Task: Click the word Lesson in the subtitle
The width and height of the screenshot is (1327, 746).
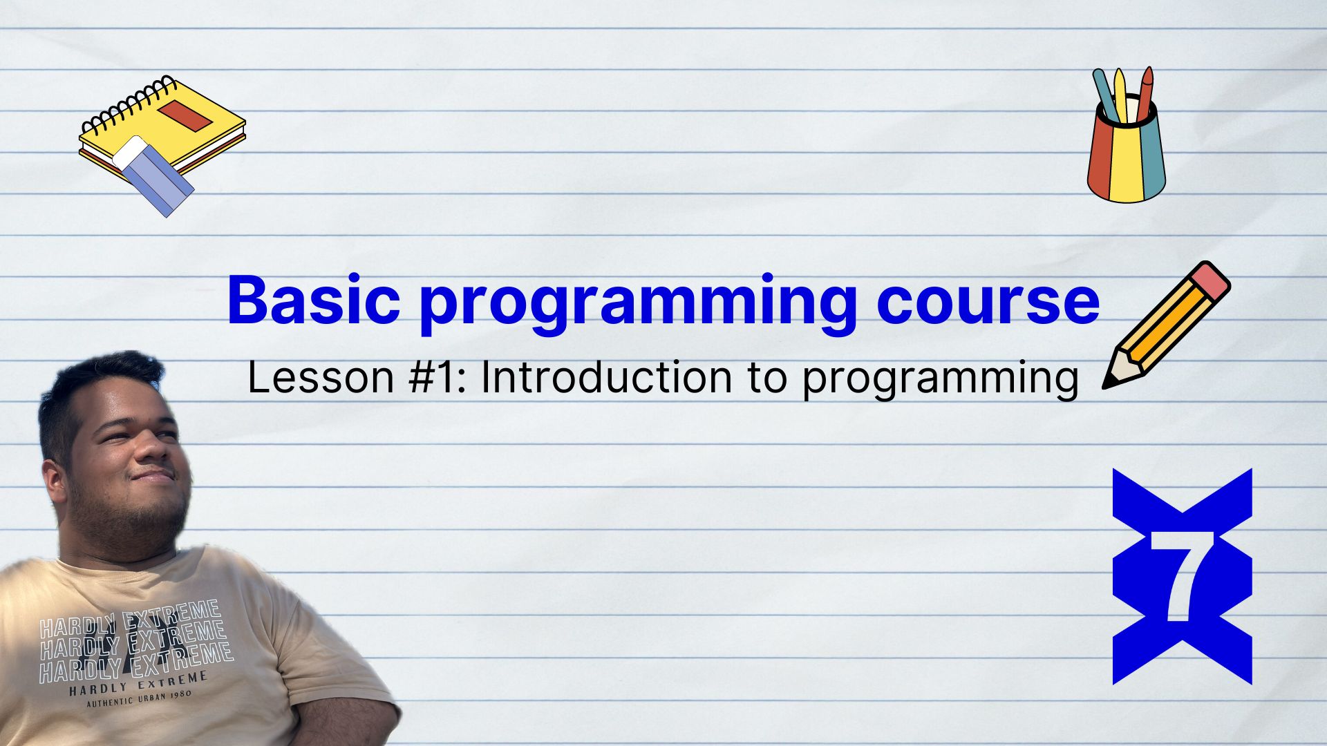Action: coord(321,378)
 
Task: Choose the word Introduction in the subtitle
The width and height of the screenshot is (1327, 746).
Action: coord(606,378)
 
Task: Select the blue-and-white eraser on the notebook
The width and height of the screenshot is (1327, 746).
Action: coord(153,175)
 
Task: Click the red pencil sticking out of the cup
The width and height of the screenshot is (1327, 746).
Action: coord(1143,93)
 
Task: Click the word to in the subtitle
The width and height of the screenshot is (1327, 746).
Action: coord(766,379)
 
